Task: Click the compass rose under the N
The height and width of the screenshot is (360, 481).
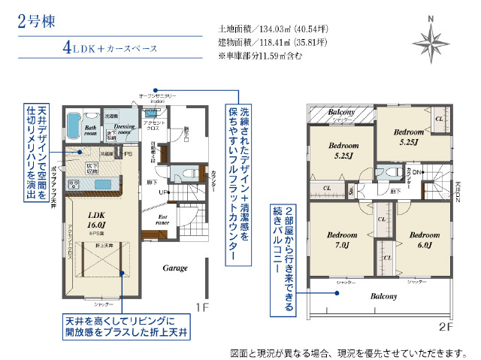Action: (431, 39)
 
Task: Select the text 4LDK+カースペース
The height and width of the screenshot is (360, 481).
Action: (110, 48)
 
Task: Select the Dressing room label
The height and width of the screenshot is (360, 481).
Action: (124, 129)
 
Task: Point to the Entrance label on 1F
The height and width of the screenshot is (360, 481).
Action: (163, 219)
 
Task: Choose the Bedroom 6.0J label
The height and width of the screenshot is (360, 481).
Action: (424, 239)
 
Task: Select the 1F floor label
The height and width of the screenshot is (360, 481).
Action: (201, 307)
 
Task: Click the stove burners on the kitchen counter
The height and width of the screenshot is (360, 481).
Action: (76, 185)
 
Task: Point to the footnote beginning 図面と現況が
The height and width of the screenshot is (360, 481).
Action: (350, 352)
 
